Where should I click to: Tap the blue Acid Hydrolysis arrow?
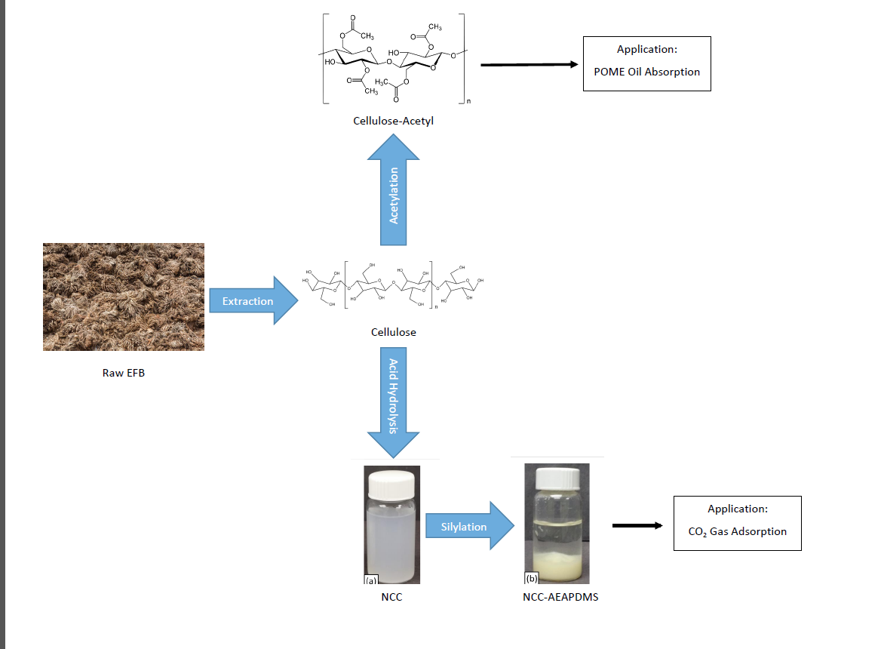coord(394,400)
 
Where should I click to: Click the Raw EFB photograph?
coord(124,297)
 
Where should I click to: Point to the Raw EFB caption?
coord(124,372)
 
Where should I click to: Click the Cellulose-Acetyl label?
coord(393,121)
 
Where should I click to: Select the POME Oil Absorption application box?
coord(646,63)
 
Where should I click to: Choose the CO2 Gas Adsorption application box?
coord(737,523)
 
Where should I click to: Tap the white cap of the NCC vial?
coord(391,482)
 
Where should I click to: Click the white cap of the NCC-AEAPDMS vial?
coord(557,477)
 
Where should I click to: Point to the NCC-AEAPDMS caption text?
coord(554,597)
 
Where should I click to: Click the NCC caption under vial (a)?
coord(392,597)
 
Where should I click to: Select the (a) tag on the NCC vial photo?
coord(370,580)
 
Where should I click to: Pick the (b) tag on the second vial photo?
coord(532,579)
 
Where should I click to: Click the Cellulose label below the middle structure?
coord(393,331)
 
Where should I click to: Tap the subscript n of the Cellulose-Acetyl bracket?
coord(467,101)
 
